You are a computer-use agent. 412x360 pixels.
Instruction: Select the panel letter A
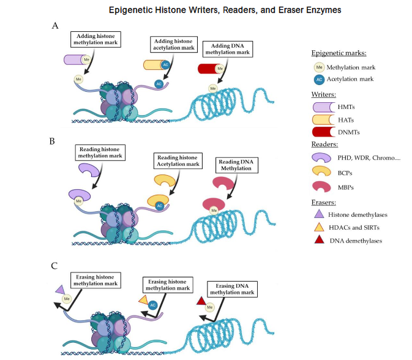pyautogui.click(x=56, y=26)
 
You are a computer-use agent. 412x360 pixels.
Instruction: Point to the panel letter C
pyautogui.click(x=56, y=264)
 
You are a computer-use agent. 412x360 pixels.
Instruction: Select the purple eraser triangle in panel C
pyautogui.click(x=60, y=290)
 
